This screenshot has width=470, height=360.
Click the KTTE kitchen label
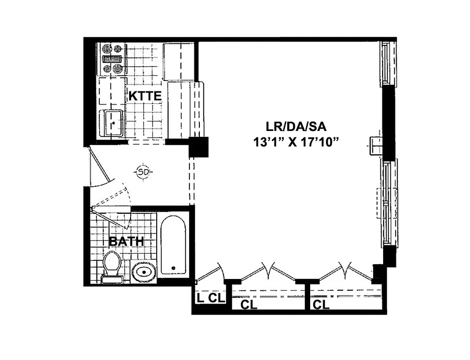click(145, 96)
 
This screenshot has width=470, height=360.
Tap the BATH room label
click(127, 242)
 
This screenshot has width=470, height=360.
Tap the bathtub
click(173, 246)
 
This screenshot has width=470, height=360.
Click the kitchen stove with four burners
click(112, 59)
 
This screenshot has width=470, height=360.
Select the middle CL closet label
click(249, 305)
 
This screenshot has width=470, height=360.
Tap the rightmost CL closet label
click(321, 305)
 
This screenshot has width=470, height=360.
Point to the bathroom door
click(113, 216)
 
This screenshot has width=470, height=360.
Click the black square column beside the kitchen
click(198, 147)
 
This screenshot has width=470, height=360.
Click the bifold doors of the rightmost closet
click(345, 272)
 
